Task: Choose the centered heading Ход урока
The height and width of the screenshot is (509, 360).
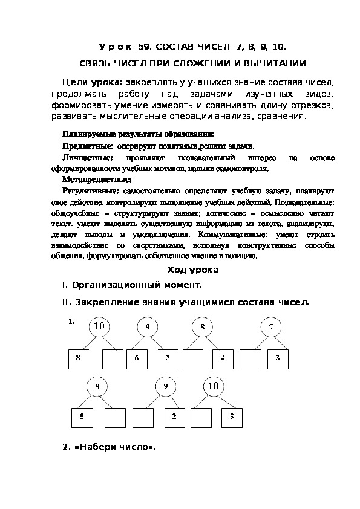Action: [191, 270]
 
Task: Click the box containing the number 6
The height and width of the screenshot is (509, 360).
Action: [137, 358]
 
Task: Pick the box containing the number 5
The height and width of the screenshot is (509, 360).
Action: [82, 417]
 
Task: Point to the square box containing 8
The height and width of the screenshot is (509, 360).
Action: [78, 358]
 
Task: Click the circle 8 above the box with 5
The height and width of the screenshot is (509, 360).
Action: [97, 386]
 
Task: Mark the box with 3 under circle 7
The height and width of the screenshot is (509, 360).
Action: [277, 358]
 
